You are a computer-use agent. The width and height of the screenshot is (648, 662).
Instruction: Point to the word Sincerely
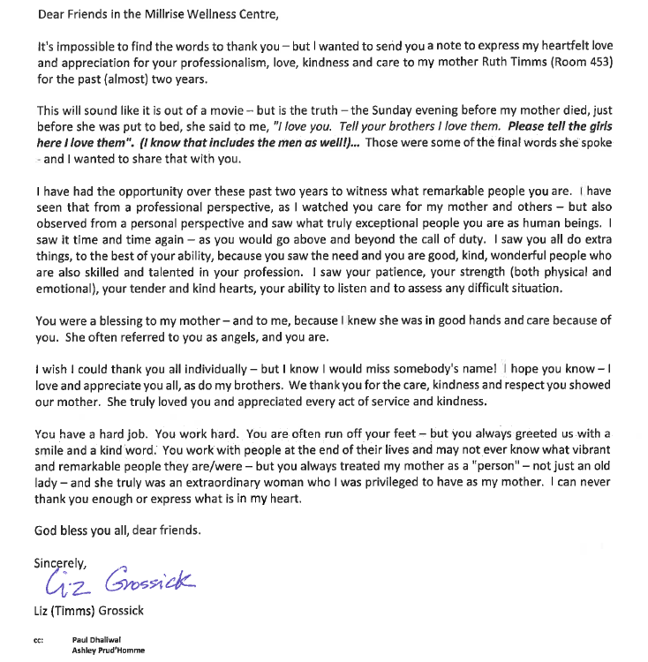coord(61,562)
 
